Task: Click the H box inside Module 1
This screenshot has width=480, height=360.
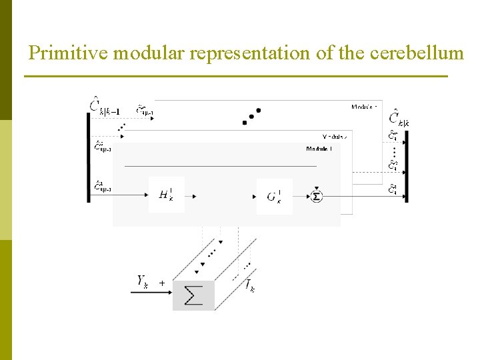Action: pos(166,195)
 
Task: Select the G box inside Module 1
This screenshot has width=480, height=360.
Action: pos(274,196)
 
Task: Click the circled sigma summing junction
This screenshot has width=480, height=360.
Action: pos(317,196)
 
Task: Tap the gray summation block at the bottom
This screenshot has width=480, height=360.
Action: pos(193,295)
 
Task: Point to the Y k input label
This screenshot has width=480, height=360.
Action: pos(143,282)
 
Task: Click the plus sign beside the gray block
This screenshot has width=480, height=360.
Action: pos(162,283)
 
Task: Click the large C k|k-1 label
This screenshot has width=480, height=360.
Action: pos(105,106)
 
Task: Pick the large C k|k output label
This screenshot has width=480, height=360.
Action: pos(399,119)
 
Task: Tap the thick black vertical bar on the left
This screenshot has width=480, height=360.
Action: pos(89,157)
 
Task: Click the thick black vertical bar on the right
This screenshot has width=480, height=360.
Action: pos(406,166)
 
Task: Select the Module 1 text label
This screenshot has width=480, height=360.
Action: pos(319,149)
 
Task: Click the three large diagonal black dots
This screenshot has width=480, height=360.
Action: pos(251,116)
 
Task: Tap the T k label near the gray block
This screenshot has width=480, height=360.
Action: pos(249,287)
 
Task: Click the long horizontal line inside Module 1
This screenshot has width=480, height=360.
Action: pos(220,165)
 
